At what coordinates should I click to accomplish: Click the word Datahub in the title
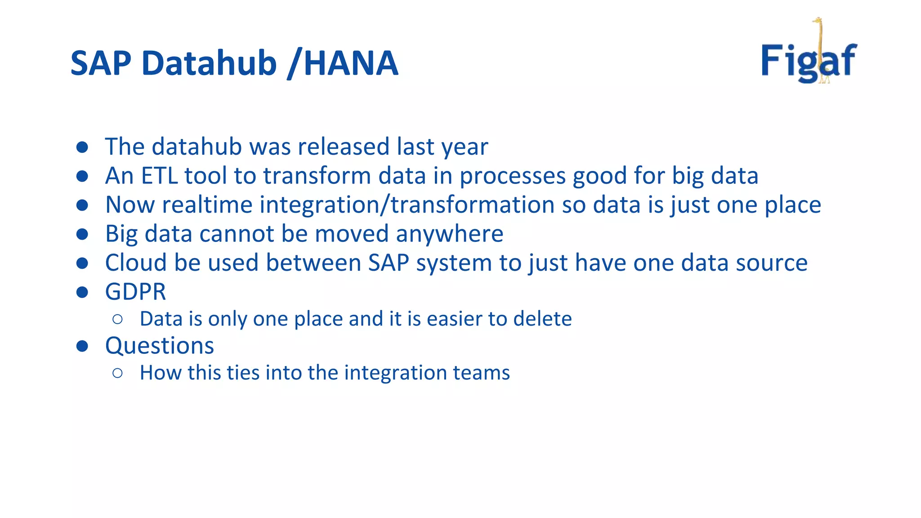pos(209,63)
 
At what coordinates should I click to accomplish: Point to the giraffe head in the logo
pos(817,21)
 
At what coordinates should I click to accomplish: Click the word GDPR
pos(135,292)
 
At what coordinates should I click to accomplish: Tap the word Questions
pos(159,346)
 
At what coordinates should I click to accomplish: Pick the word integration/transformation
pos(407,205)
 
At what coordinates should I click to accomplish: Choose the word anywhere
pos(449,234)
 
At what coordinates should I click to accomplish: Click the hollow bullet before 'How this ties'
pos(118,373)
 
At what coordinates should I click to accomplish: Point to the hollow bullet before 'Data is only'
pos(118,319)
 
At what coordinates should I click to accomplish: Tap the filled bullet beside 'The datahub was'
pos(82,147)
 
